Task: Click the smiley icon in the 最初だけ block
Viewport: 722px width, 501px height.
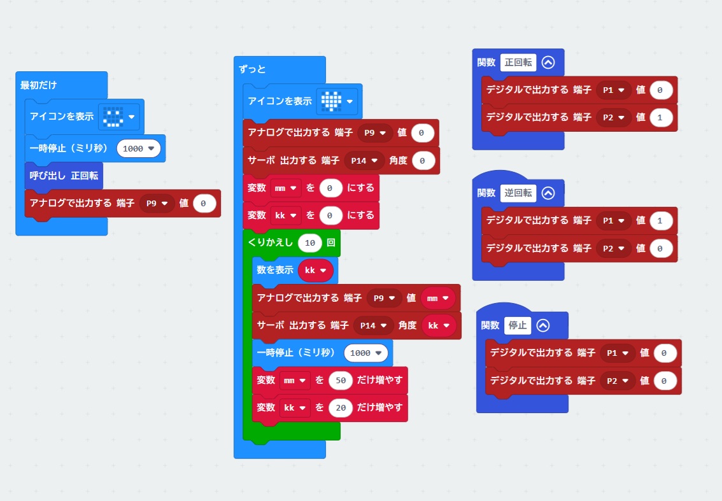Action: coord(113,116)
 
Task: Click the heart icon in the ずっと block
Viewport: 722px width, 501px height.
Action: coord(331,101)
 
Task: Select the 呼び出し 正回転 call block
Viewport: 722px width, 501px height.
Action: coord(63,175)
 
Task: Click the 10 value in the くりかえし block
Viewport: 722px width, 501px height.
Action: coord(310,243)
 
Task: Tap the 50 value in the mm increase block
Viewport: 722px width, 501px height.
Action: coord(341,380)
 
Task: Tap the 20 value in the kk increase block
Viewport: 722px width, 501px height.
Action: coord(341,407)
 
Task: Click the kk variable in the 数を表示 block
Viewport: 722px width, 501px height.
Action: coord(315,271)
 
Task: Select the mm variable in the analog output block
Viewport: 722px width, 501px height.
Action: coord(438,298)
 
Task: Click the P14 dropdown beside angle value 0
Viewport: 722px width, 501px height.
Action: coord(365,160)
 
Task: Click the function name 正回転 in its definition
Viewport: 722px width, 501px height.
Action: coord(518,62)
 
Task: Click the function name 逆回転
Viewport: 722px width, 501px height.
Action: coord(518,193)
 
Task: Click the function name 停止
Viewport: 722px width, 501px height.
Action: coord(517,325)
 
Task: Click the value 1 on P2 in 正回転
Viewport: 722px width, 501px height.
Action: coord(660,118)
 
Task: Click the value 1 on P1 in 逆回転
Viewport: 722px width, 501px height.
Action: coord(660,220)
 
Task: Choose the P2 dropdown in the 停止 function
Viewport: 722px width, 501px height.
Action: coord(618,381)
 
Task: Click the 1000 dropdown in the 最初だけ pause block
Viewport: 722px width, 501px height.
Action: coord(138,148)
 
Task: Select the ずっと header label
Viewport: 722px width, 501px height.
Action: coord(253,69)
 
